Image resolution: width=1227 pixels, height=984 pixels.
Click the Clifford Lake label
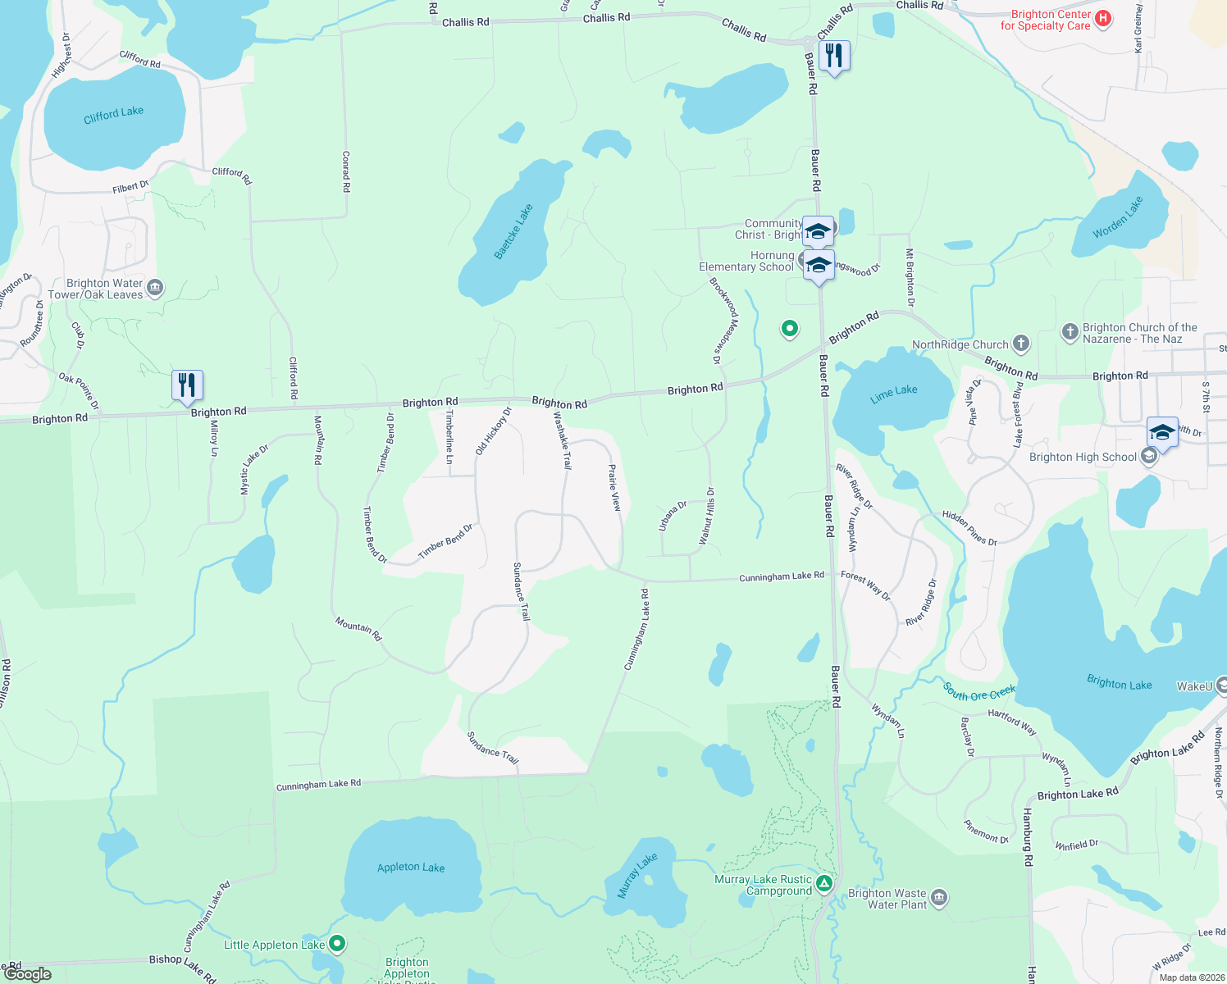click(x=113, y=115)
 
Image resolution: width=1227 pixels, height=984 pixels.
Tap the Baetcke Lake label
click(x=513, y=232)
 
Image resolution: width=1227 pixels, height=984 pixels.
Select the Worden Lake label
click(x=1117, y=217)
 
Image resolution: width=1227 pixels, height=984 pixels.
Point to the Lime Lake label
click(x=893, y=394)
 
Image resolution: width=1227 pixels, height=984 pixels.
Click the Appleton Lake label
click(x=410, y=868)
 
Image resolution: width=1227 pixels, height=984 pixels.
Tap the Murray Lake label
click(x=636, y=876)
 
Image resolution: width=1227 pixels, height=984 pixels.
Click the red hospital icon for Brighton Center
click(x=1103, y=19)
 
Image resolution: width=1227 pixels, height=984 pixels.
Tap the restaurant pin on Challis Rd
click(x=834, y=57)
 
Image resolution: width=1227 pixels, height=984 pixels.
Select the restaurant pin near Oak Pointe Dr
click(x=187, y=385)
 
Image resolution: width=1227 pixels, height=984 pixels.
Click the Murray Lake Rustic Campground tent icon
click(x=824, y=884)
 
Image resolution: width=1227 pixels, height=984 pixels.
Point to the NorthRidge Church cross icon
click(x=1020, y=344)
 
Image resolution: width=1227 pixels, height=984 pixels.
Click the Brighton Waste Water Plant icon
click(x=939, y=898)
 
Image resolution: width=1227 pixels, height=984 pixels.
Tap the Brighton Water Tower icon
click(x=155, y=289)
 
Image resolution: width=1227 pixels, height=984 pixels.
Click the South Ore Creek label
click(x=979, y=692)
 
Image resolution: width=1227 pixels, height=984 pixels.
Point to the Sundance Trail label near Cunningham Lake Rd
click(x=493, y=748)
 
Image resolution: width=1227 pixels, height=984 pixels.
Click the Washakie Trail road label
click(x=562, y=440)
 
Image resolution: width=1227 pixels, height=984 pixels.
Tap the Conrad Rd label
click(x=346, y=171)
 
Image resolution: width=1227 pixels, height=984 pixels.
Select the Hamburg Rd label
click(x=1027, y=837)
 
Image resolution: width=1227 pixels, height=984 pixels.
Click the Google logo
click(x=28, y=974)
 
